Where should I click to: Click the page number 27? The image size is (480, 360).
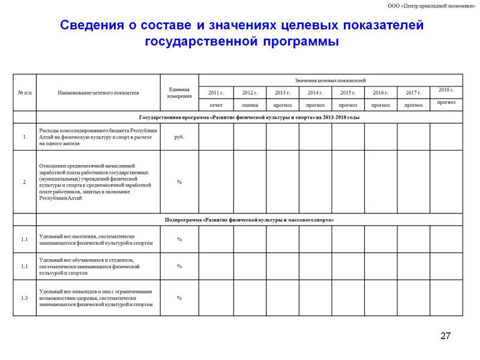pos(445,335)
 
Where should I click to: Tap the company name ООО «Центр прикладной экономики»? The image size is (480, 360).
pos(431,6)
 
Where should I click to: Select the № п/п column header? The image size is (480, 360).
pos(25,93)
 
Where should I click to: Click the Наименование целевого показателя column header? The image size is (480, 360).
pos(98,93)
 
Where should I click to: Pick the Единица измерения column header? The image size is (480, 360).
pos(179,92)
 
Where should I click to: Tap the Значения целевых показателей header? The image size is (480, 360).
pos(330,80)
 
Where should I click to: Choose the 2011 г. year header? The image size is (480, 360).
pos(216,93)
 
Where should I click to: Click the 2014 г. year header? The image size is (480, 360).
pos(315,93)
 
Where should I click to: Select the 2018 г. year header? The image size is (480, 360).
pos(446,90)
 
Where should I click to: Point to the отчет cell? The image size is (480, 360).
pos(216,105)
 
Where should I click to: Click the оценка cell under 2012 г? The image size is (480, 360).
pos(250,105)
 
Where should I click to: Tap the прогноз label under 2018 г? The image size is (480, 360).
pos(446,102)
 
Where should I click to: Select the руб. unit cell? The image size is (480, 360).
pos(179,137)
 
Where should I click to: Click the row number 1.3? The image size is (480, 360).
pos(25,298)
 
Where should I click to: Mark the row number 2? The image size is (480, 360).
pos(25,182)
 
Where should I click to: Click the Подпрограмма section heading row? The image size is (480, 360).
pos(250,220)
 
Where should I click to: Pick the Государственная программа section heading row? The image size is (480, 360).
pos(250,118)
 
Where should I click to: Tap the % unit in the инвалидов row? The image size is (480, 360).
pos(179,298)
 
